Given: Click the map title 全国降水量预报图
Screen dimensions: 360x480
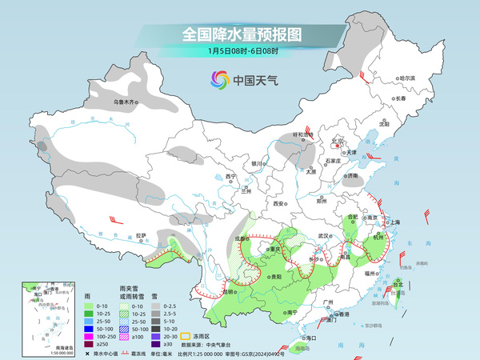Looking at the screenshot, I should pos(241,34).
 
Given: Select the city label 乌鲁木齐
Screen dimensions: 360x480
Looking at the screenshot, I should pos(126,102).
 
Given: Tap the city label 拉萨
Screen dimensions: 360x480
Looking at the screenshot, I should pos(141,235).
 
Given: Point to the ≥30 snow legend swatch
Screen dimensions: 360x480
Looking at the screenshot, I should pos(157,344).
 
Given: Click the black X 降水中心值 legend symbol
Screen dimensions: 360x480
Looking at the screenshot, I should pos(86,354).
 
